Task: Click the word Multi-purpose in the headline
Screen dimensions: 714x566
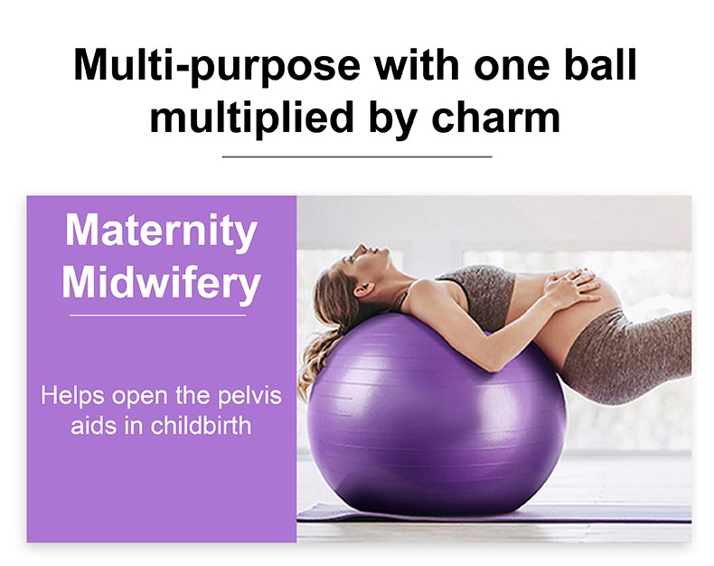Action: pos(217,66)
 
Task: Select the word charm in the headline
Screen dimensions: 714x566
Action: pos(495,117)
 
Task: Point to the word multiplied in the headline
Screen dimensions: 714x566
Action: pos(252,118)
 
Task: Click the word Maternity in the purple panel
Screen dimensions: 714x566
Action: pos(162,231)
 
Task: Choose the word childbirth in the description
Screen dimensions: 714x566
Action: pos(201,426)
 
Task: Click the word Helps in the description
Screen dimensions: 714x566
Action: pos(73,395)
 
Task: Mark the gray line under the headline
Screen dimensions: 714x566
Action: pos(357,156)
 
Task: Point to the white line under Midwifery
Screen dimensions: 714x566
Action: pos(158,315)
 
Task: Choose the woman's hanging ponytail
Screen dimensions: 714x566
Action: pos(315,360)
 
